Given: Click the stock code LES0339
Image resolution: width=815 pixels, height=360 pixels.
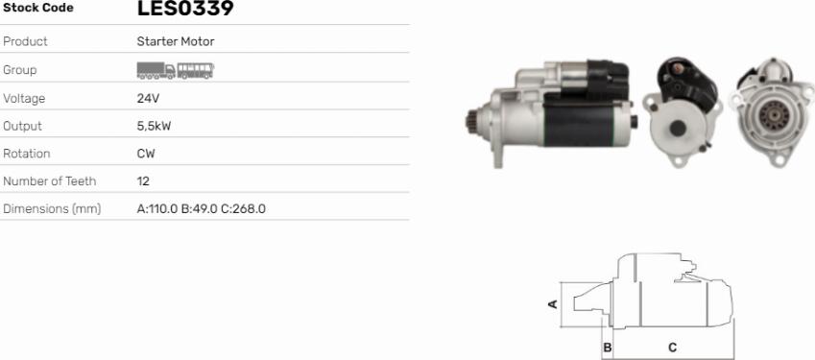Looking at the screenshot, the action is pyautogui.click(x=185, y=8).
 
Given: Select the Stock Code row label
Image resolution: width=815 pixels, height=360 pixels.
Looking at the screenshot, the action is pyautogui.click(x=38, y=8).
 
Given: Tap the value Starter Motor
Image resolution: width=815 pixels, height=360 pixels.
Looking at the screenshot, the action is pyautogui.click(x=176, y=41).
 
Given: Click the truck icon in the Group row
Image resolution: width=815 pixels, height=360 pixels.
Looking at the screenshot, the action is pyautogui.click(x=156, y=70).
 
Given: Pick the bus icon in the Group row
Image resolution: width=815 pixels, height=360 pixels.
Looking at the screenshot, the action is pyautogui.click(x=196, y=71).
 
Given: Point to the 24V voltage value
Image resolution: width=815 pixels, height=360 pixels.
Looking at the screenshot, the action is pyautogui.click(x=148, y=98).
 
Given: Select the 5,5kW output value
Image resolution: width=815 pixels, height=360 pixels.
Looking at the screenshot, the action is pyautogui.click(x=154, y=126).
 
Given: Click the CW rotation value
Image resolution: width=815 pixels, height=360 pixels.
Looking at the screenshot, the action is pyautogui.click(x=146, y=154).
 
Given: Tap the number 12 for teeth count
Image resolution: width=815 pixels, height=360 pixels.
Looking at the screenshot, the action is pyautogui.click(x=143, y=181).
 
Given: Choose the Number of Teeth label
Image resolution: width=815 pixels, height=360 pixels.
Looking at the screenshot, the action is pyautogui.click(x=49, y=181).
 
